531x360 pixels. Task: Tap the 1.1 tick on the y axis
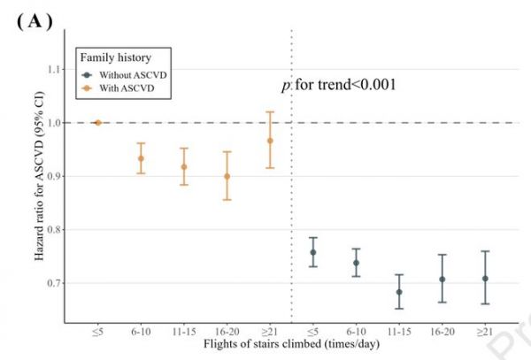59,69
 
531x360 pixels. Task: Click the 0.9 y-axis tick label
59,176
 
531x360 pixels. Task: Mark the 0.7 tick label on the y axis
59,283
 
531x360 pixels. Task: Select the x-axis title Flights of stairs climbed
289,343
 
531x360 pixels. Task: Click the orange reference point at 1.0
97,123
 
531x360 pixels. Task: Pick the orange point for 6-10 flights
141,158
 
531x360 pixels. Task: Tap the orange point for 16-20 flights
227,176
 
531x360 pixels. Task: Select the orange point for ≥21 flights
270,141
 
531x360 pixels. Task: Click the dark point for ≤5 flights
313,252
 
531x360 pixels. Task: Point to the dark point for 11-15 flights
399,291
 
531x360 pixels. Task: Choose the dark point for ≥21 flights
485,279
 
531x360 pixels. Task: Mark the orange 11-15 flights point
184,166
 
